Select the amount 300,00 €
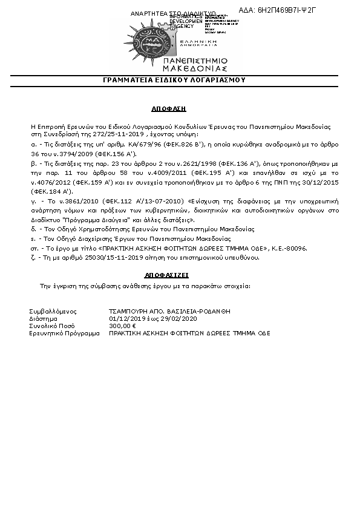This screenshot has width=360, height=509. click(x=122, y=326)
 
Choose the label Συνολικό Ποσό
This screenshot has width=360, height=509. click(x=50, y=326)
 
